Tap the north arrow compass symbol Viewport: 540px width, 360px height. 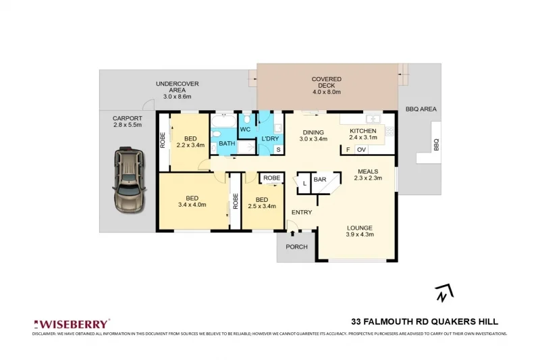click(x=443, y=292)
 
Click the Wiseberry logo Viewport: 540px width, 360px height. click(x=71, y=324)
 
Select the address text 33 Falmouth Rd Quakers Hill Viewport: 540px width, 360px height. click(x=425, y=322)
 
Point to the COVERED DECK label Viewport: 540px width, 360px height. click(x=326, y=85)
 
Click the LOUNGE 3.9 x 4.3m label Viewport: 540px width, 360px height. click(x=360, y=231)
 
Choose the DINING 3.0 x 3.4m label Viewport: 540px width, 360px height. click(x=313, y=136)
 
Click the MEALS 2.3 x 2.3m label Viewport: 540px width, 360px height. click(x=368, y=175)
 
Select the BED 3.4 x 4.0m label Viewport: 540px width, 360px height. click(x=192, y=201)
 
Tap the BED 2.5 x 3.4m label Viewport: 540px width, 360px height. click(x=262, y=203)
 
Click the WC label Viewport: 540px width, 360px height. click(x=246, y=129)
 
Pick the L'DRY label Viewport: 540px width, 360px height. click(x=270, y=138)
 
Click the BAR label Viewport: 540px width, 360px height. click(x=320, y=180)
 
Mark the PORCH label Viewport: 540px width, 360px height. click(x=296, y=247)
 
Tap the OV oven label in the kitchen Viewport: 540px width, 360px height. click(x=361, y=149)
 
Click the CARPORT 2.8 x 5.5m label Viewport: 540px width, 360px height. click(x=128, y=122)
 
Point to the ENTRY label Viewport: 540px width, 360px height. click(x=302, y=212)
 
